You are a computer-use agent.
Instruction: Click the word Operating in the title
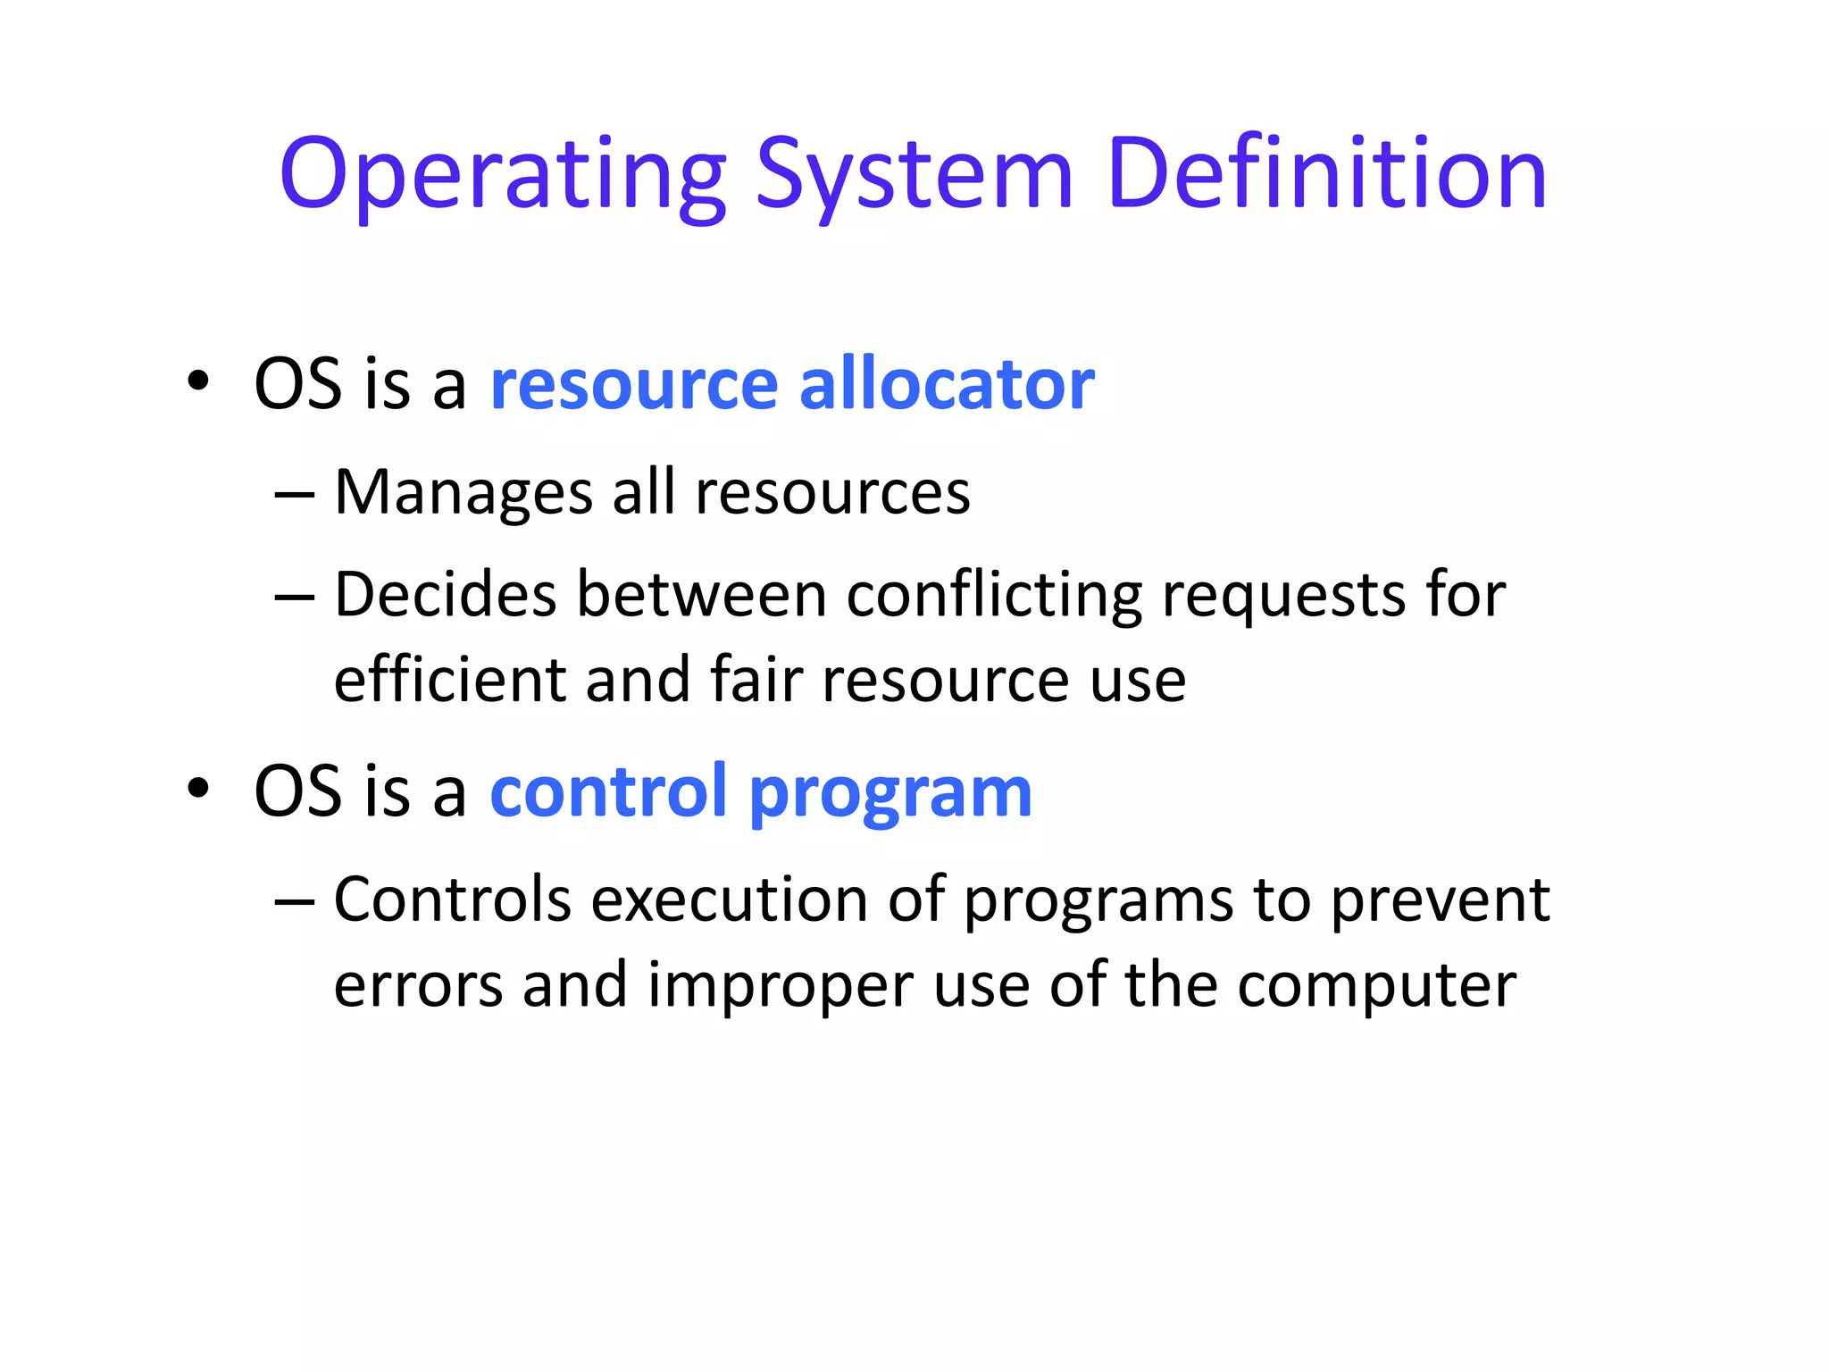[x=503, y=176]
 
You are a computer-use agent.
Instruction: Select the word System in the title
[x=914, y=176]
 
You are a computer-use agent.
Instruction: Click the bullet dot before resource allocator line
[x=198, y=382]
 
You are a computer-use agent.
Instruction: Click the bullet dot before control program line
[x=198, y=790]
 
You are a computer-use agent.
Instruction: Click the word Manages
[x=464, y=492]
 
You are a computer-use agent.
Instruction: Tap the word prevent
[x=1440, y=900]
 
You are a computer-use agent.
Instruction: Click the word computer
[x=1376, y=986]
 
